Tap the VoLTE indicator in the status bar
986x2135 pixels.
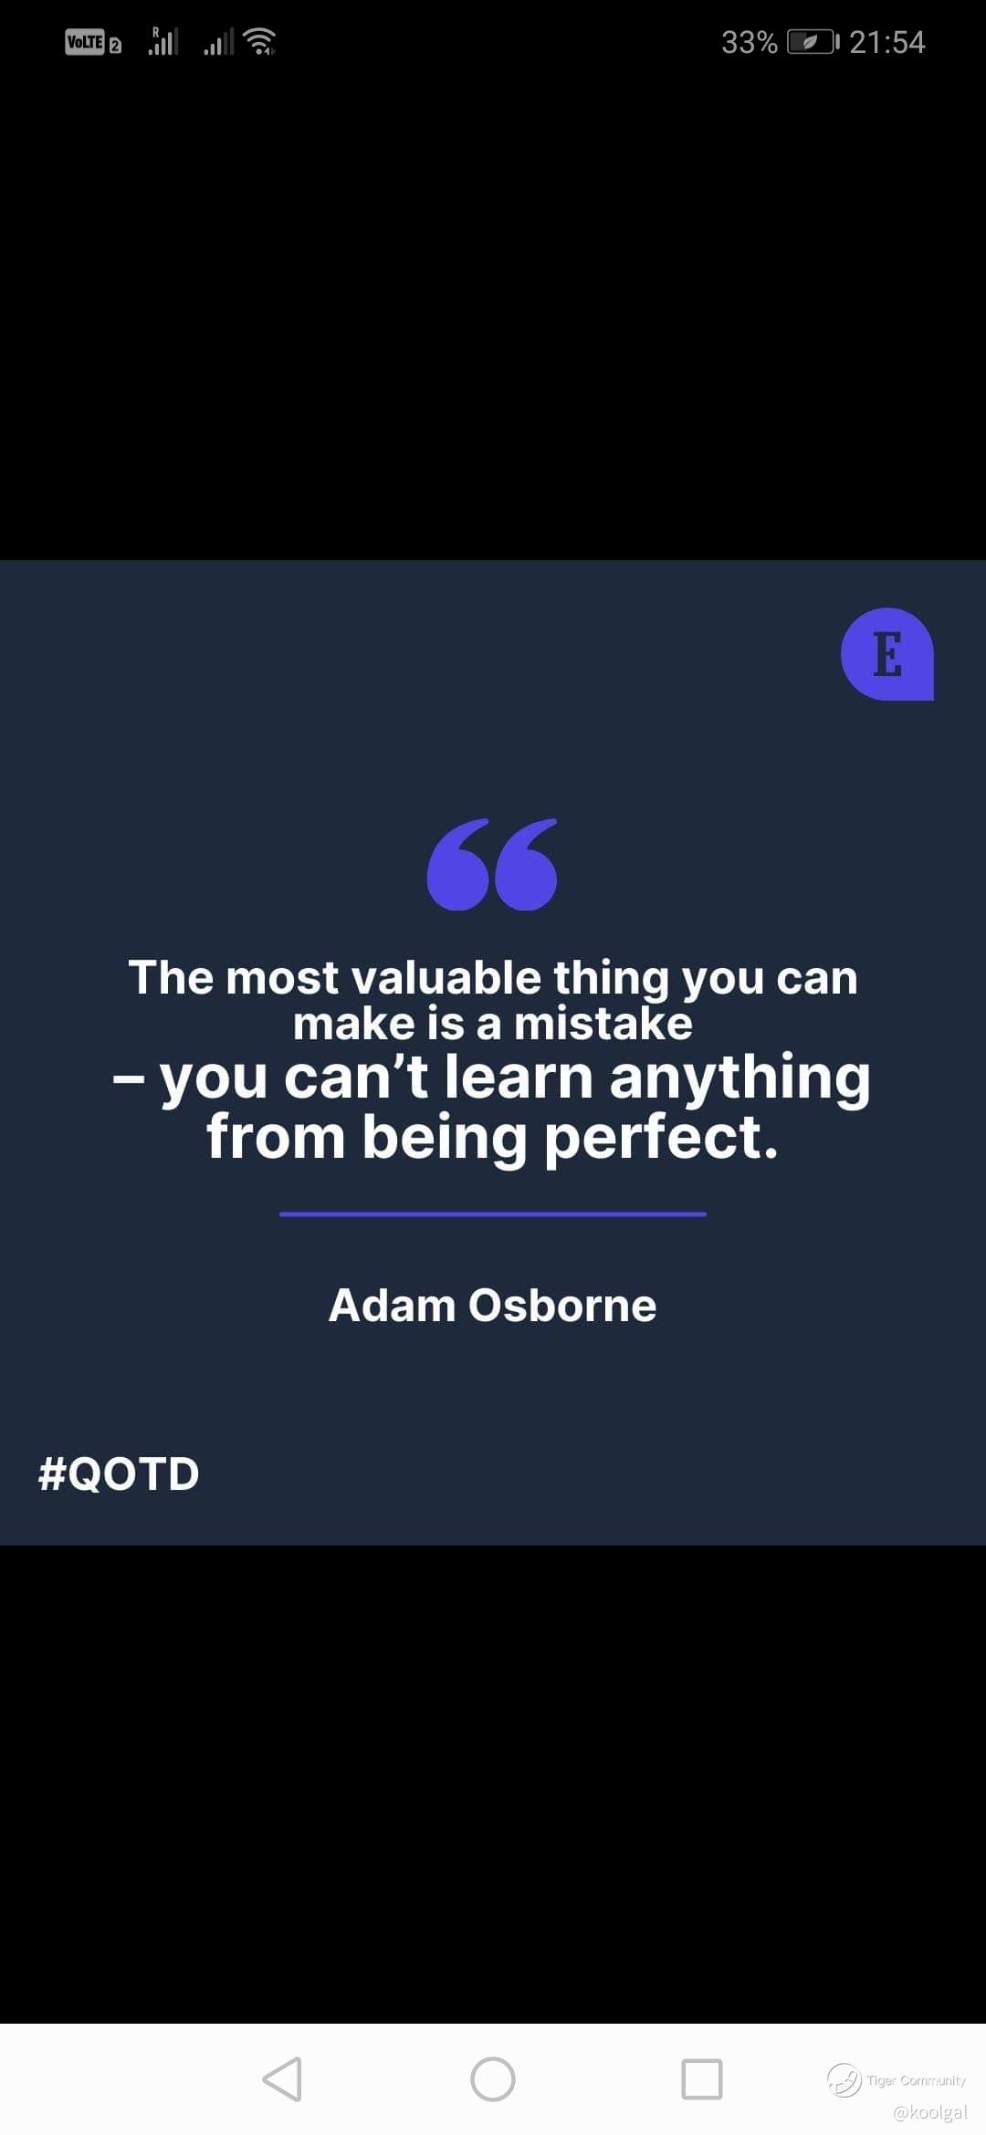point(85,42)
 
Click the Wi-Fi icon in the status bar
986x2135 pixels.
point(260,42)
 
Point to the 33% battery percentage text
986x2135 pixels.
point(749,42)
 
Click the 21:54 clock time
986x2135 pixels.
point(886,42)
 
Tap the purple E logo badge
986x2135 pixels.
point(887,654)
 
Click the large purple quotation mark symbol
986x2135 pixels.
point(492,864)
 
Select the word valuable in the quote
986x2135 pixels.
point(446,977)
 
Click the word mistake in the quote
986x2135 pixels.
point(603,1024)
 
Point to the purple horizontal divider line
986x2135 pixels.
point(493,1214)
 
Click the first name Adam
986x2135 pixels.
point(392,1306)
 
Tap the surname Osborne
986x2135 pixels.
point(562,1306)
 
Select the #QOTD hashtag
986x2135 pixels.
point(119,1474)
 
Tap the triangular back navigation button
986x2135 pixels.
point(282,2079)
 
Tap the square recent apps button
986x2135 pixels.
point(702,2079)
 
